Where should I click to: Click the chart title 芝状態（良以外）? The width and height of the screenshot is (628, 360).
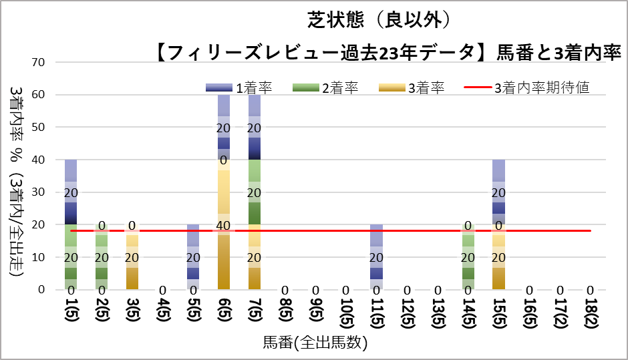[383, 20]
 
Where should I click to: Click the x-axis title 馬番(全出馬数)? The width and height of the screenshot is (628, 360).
[315, 343]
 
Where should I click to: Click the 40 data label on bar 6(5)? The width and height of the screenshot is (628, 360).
[224, 226]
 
